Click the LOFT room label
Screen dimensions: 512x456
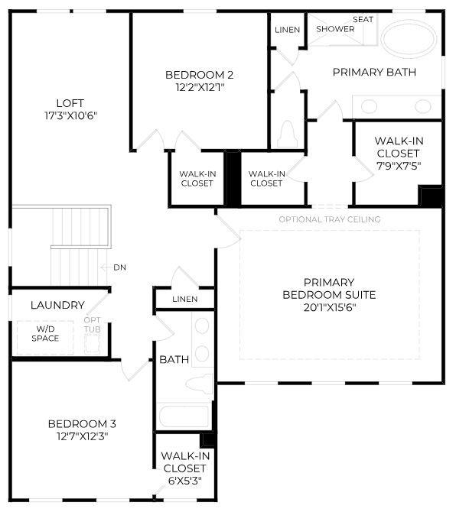coord(70,103)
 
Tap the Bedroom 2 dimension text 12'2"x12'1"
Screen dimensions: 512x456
coord(199,87)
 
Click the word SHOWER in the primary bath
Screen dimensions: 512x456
coord(335,29)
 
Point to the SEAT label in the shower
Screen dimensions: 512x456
coord(363,19)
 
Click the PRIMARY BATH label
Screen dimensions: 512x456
coord(374,72)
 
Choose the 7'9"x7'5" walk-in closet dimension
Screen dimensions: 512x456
coord(398,165)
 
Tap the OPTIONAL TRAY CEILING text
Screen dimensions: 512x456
coord(330,219)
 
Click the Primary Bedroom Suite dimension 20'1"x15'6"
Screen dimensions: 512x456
coord(329,307)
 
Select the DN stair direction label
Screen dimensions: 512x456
coord(119,267)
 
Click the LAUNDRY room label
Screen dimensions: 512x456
coord(57,305)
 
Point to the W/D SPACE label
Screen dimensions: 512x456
coord(45,334)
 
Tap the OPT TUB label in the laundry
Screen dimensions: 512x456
coord(92,324)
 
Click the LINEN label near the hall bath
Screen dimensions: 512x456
coord(184,299)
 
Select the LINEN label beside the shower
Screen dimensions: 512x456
coord(287,29)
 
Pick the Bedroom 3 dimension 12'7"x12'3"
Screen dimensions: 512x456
coord(82,436)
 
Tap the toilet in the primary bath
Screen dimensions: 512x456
coord(288,135)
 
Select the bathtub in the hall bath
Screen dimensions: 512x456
coord(183,417)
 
